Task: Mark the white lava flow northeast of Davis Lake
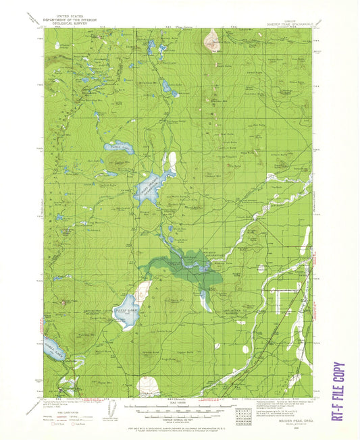[142, 292]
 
